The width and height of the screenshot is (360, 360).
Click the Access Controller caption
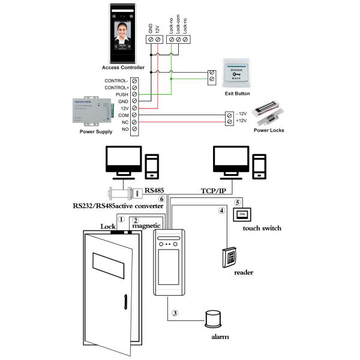coord(123,67)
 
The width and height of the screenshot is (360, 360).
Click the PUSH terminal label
coord(120,95)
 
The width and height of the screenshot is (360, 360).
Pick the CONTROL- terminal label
coord(116,81)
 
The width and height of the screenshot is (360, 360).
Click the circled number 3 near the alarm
coord(175,313)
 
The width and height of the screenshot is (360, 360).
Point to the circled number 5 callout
coord(238,203)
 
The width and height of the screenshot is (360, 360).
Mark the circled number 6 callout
coord(161,199)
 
